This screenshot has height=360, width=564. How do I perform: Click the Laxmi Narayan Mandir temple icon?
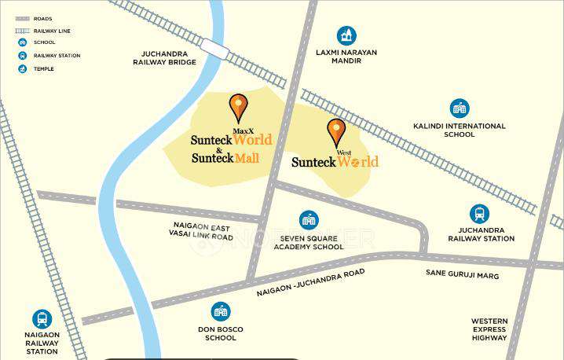[x=346, y=35]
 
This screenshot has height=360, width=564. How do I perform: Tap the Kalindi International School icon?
[x=460, y=108]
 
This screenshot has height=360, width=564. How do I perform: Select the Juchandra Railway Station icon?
[x=479, y=214]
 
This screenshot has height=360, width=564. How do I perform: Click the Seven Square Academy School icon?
[x=309, y=220]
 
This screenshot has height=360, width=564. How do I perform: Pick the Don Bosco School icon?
[x=221, y=311]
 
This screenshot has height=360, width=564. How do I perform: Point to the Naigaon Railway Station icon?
[x=42, y=319]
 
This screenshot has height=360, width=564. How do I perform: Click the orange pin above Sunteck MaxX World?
[x=238, y=107]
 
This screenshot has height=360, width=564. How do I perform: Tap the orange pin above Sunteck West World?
[x=336, y=131]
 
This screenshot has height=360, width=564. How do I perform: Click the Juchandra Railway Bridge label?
[x=164, y=57]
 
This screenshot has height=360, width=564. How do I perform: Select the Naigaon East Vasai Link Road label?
[x=202, y=231]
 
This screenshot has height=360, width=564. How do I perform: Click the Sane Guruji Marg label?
[x=462, y=275]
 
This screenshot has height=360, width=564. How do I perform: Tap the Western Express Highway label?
[x=489, y=329]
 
